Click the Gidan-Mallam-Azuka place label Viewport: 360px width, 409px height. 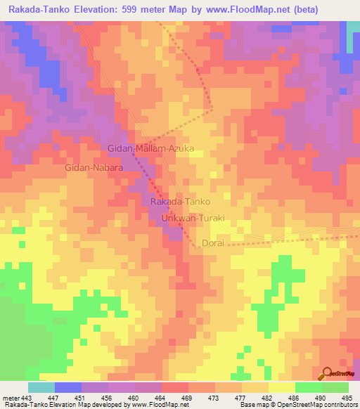pyautogui.click(x=150, y=148)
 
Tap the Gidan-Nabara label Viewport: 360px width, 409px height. pyautogui.click(x=94, y=169)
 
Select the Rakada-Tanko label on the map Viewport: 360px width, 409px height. pyautogui.click(x=180, y=202)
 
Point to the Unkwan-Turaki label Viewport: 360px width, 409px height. pyautogui.click(x=193, y=219)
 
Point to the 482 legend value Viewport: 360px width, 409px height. pyautogui.click(x=267, y=397)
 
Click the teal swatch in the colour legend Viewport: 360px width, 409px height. pyautogui.click(x=41, y=387)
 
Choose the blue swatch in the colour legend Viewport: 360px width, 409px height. pyautogui.click(x=68, y=387)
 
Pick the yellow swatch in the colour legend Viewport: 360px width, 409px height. pyautogui.click(x=281, y=387)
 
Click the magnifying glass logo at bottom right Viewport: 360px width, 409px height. pyautogui.click(x=326, y=372)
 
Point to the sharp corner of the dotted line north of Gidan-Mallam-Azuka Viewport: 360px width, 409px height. pyautogui.click(x=212, y=110)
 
